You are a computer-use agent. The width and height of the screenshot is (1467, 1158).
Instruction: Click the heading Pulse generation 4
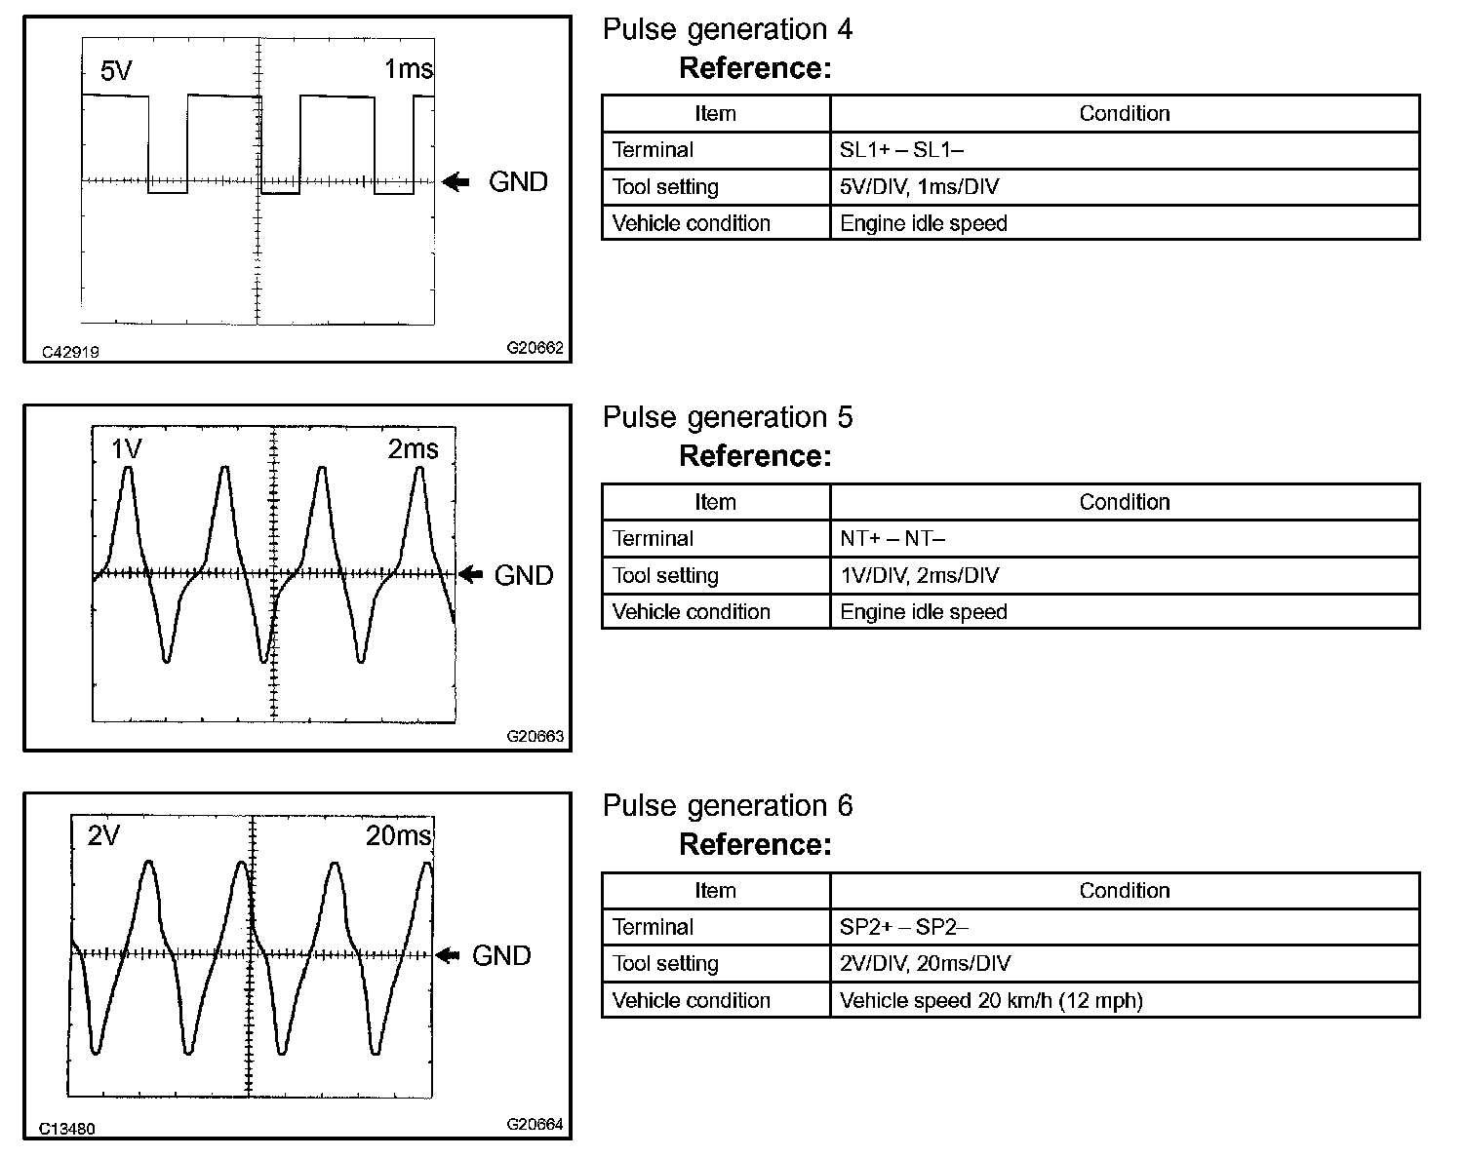point(727,30)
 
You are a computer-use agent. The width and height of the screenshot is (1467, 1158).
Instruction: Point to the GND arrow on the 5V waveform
point(456,181)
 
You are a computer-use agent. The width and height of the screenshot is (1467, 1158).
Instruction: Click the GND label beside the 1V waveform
point(524,575)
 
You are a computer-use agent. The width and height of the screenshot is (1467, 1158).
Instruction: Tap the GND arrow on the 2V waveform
point(448,955)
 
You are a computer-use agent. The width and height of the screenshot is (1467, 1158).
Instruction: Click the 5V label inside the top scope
point(116,71)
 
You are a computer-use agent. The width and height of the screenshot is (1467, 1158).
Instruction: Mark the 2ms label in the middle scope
point(413,449)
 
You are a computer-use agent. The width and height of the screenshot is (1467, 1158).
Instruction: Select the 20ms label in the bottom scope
point(398,836)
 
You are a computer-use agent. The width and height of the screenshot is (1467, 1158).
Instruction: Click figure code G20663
point(535,737)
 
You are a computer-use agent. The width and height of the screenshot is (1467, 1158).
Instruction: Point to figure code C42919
point(70,352)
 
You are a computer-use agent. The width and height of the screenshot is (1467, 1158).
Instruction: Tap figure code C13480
point(67,1129)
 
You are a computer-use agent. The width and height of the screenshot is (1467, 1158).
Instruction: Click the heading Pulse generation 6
point(727,806)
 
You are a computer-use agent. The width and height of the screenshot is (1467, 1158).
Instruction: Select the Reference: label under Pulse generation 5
point(755,456)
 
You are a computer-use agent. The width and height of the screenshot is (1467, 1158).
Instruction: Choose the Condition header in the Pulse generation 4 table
point(1124,114)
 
